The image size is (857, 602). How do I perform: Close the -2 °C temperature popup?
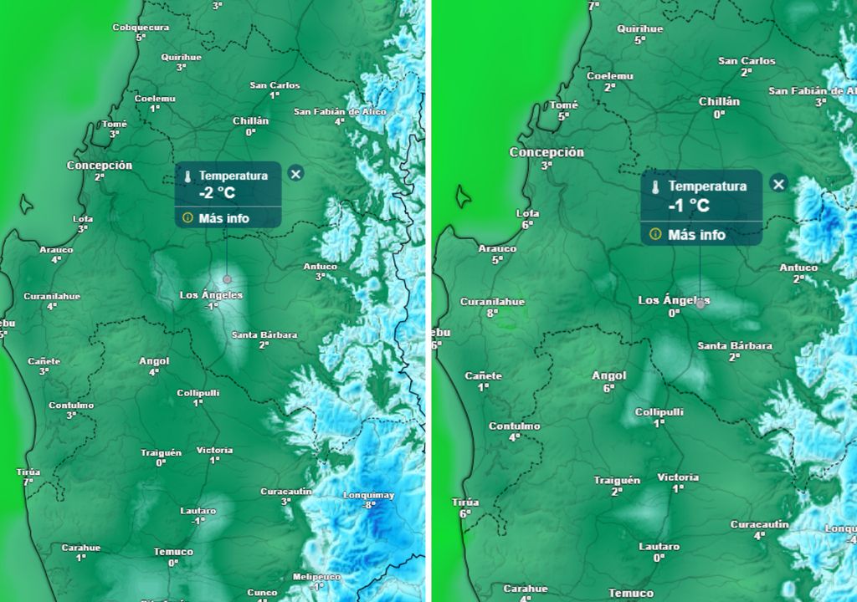coord(295,173)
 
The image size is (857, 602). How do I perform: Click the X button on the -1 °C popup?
coord(778,184)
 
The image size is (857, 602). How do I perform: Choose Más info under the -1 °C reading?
coord(696,235)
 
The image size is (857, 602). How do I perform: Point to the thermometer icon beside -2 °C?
coord(188,176)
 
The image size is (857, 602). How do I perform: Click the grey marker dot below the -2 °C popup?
coord(226,278)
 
